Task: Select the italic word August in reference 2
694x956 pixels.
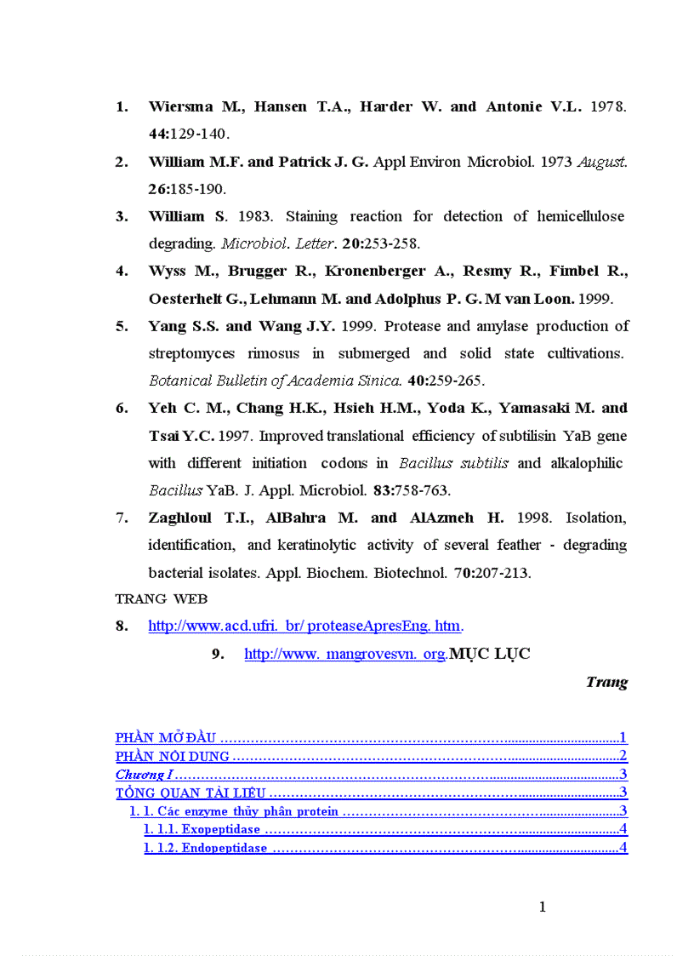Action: [602, 162]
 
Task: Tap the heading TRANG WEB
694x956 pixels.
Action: [162, 599]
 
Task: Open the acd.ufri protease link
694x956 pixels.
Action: [304, 627]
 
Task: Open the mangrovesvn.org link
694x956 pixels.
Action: [344, 654]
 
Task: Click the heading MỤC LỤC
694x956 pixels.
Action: [490, 654]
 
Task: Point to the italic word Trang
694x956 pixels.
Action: [607, 682]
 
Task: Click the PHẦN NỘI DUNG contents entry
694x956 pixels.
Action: [173, 756]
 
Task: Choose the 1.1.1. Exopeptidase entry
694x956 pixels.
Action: [202, 829]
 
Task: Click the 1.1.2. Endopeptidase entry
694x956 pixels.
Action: [206, 848]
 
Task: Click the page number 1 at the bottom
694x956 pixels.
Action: [543, 907]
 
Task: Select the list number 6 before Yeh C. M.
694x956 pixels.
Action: [122, 409]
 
